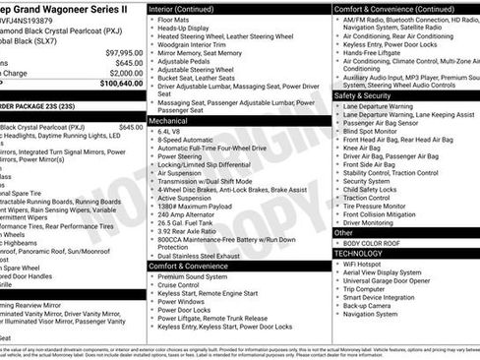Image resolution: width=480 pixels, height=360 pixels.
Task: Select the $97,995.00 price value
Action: (124, 52)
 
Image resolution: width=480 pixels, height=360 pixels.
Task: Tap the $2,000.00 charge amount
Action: (126, 73)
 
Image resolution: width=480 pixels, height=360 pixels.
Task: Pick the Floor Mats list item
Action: (174, 20)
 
